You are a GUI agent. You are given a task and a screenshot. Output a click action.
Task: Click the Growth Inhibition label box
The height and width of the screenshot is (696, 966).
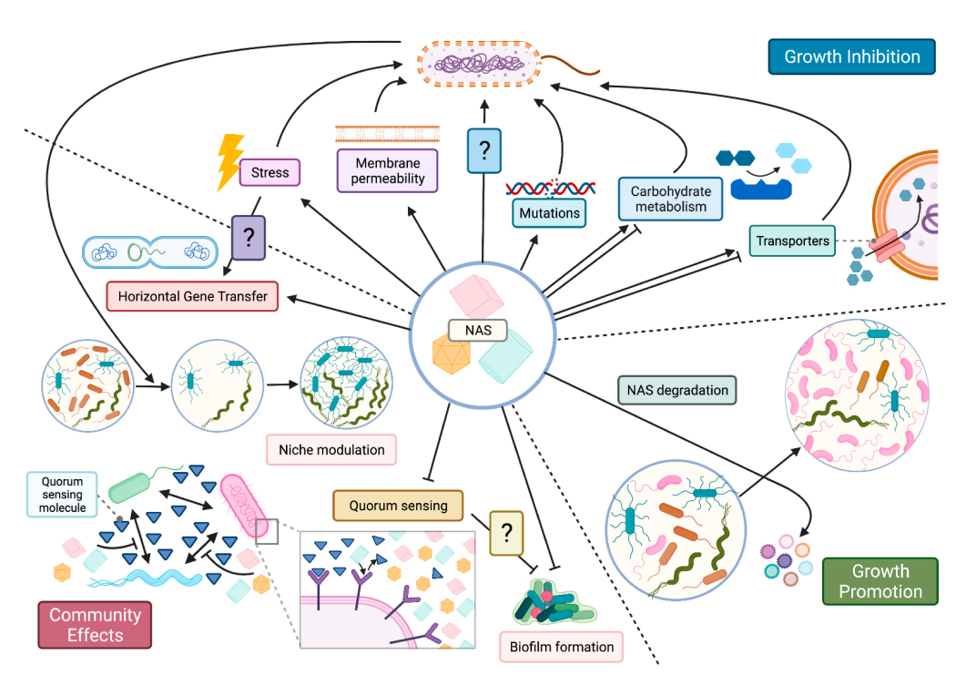click(x=851, y=56)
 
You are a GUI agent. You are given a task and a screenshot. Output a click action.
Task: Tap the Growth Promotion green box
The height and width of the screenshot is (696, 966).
click(x=880, y=582)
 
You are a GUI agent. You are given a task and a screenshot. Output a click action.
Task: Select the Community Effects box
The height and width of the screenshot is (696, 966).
click(x=96, y=625)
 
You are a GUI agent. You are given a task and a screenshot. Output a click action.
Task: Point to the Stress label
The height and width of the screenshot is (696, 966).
click(x=269, y=172)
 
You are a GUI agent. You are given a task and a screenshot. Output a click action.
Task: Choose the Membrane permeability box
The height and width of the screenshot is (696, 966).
click(x=388, y=170)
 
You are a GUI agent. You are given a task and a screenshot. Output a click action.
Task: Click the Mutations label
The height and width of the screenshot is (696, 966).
click(x=549, y=213)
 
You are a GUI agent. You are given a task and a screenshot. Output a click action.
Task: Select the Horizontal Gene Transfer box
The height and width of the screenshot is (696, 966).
click(x=192, y=296)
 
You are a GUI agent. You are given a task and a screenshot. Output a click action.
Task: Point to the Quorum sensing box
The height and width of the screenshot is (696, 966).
click(x=398, y=507)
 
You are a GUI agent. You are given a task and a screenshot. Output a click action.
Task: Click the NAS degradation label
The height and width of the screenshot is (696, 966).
click(x=677, y=391)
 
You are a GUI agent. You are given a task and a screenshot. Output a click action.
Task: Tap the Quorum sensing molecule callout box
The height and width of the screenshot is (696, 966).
click(x=62, y=494)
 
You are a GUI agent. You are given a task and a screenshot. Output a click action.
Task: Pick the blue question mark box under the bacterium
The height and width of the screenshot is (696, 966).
click(x=483, y=150)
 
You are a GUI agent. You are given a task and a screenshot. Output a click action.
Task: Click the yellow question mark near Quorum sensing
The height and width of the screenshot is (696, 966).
click(x=507, y=533)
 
